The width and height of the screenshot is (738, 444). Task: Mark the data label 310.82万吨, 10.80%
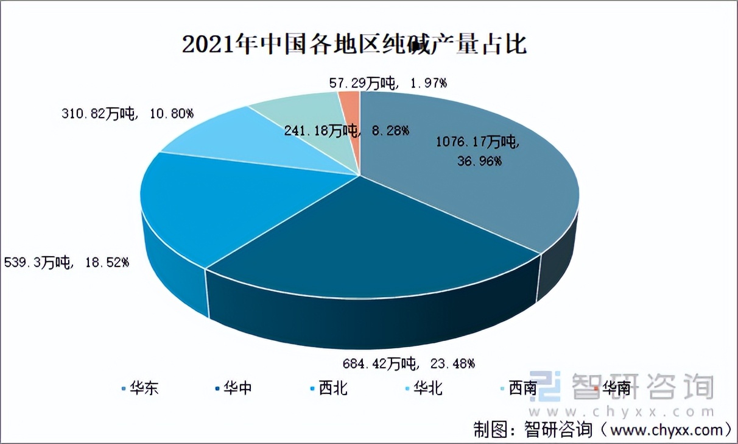point(127,113)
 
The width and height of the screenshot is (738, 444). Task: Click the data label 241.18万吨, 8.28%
point(346,130)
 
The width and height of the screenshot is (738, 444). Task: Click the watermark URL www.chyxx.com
point(621,412)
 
